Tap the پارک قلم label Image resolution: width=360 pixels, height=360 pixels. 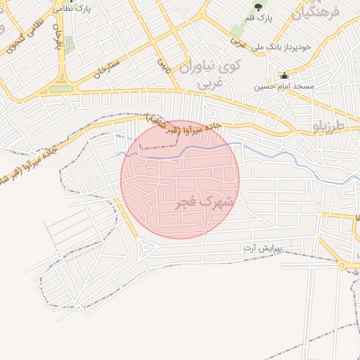pos(258,17)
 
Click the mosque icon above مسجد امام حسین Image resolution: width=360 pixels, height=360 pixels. pos(284,75)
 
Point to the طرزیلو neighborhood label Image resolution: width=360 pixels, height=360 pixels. pos(330,125)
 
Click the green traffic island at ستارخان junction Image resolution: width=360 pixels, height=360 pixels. pos(60,89)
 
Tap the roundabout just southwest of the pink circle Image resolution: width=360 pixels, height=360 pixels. pos(146,247)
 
